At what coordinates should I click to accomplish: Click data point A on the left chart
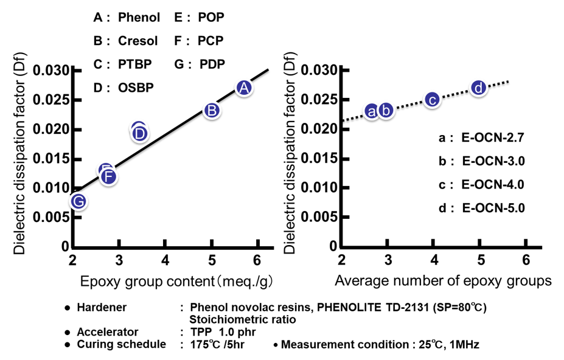click(243, 88)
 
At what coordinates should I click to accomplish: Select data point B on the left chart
click(211, 111)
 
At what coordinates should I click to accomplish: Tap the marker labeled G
click(77, 201)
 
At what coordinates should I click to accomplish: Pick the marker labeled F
click(108, 177)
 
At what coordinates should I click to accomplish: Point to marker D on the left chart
click(139, 133)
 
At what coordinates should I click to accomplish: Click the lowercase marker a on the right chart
click(372, 111)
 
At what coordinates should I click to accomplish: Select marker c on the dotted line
click(432, 100)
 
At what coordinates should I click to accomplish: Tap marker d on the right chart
click(479, 89)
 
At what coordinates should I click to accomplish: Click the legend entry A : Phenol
click(125, 18)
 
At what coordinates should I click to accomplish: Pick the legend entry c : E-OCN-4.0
click(481, 184)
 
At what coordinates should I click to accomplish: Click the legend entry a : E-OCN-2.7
click(481, 138)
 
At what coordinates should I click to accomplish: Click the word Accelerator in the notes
click(108, 332)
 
